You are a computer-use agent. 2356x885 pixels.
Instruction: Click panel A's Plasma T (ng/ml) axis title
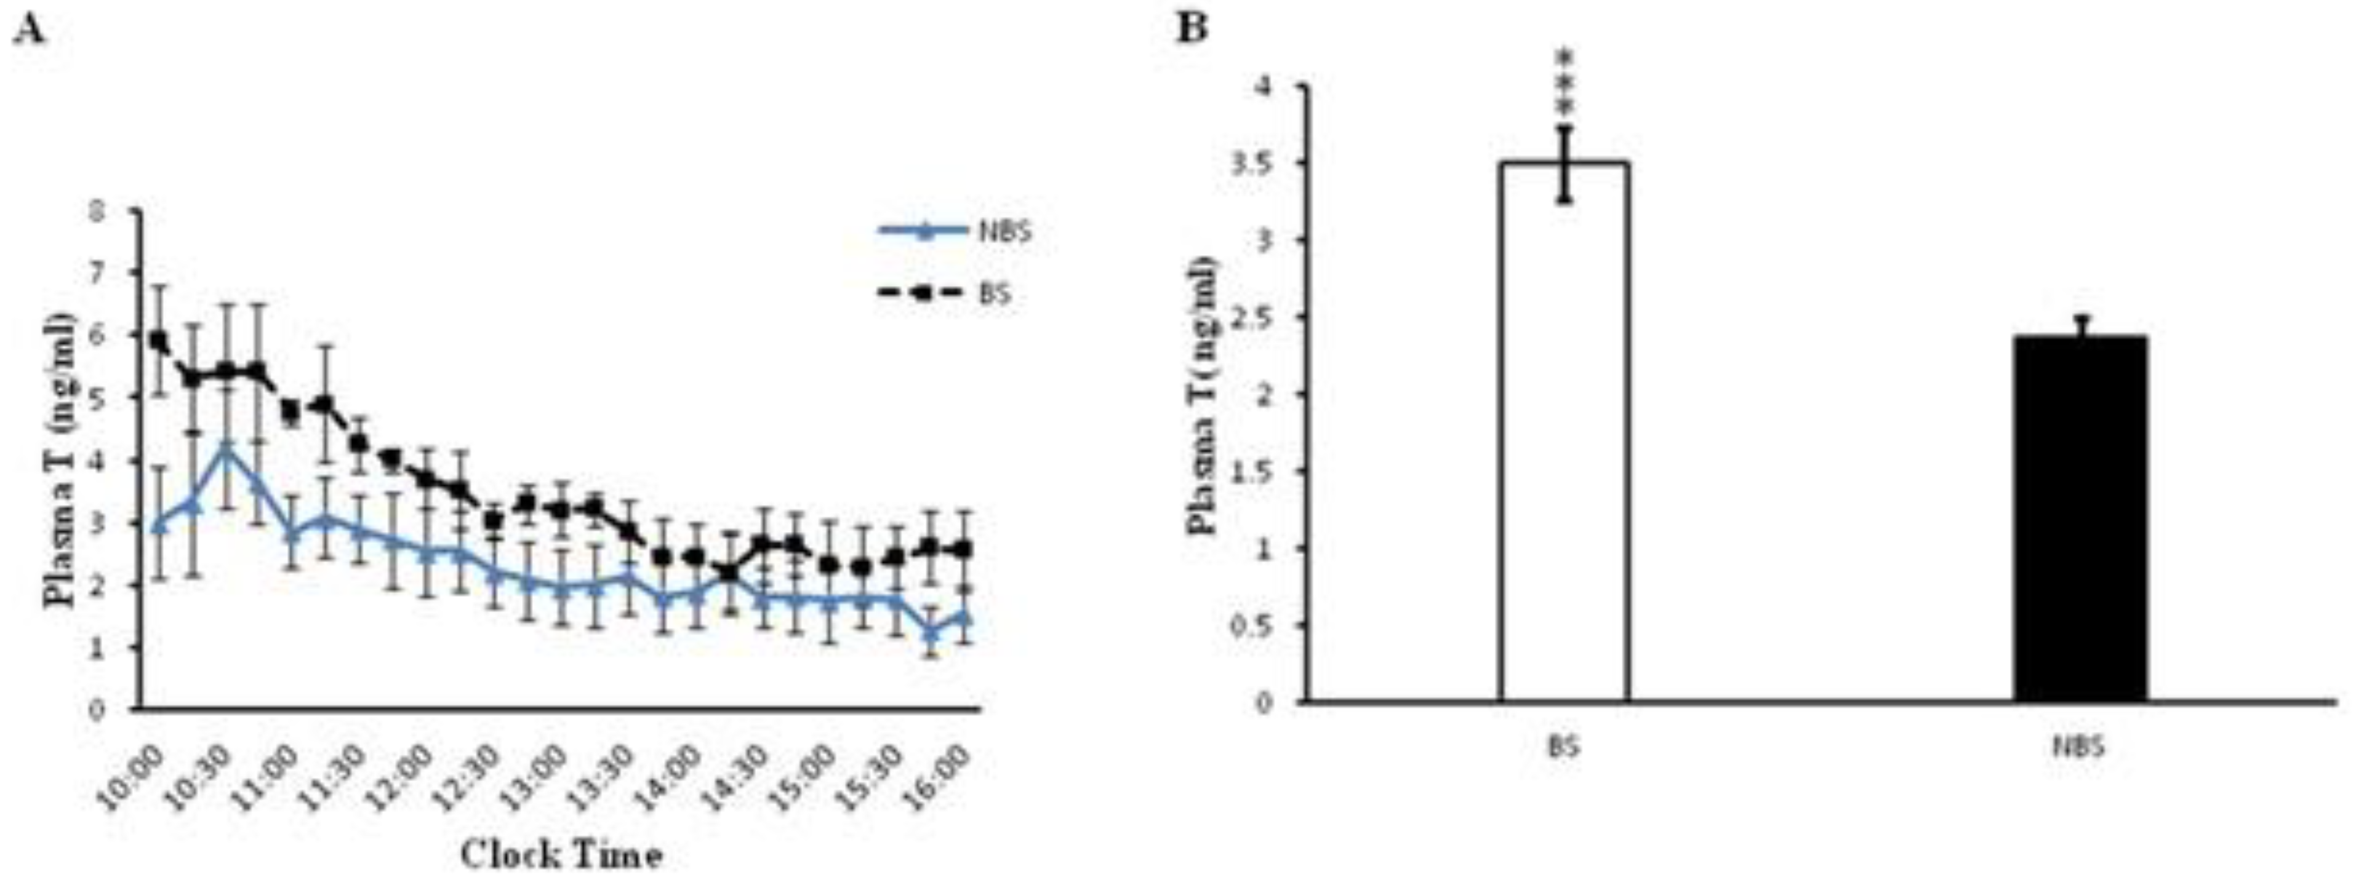click(x=60, y=459)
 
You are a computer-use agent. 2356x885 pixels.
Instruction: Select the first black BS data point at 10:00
click(x=159, y=340)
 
